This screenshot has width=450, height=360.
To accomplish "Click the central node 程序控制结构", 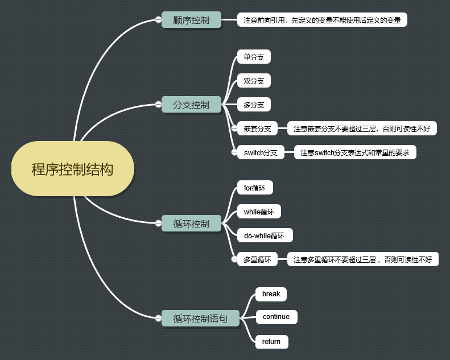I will (x=72, y=169).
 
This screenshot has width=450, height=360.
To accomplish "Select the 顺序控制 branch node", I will (x=191, y=20).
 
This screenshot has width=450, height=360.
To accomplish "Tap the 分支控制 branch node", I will (x=191, y=105).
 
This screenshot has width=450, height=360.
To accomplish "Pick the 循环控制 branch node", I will (x=191, y=224).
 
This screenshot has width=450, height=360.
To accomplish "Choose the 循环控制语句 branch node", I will (x=200, y=318).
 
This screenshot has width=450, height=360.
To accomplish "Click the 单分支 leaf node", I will (x=254, y=57).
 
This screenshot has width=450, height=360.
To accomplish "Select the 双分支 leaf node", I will (x=254, y=81).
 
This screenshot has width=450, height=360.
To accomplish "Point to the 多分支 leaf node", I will (x=254, y=105).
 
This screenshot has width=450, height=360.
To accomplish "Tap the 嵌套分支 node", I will (x=257, y=129).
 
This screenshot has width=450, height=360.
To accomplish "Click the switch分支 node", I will (x=261, y=152).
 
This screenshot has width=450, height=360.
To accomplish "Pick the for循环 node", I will (x=254, y=188).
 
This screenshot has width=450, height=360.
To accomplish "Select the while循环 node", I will (x=259, y=212).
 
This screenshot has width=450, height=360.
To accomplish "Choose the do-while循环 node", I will (x=264, y=235).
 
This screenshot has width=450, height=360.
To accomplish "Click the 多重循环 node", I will (x=257, y=259).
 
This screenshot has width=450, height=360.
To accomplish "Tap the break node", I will (x=271, y=294).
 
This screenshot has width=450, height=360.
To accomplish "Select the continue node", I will (x=276, y=317).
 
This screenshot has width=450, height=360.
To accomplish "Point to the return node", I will (x=271, y=341).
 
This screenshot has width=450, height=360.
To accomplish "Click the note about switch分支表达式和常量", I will (x=354, y=152).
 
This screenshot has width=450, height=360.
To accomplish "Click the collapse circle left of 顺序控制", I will (x=158, y=20).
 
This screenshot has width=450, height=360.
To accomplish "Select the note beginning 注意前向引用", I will (x=322, y=20).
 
